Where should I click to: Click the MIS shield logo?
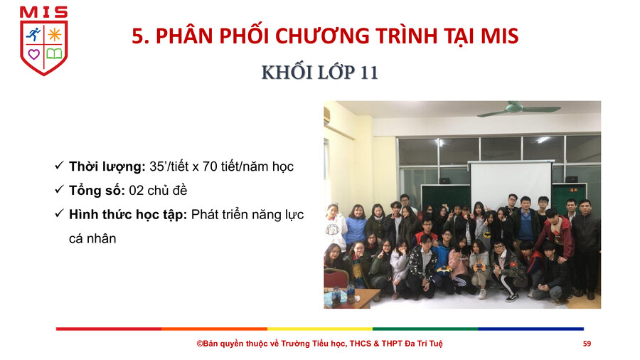[43, 41]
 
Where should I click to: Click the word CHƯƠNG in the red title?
[322, 36]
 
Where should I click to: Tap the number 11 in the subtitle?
[368, 73]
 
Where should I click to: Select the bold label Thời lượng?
[107, 166]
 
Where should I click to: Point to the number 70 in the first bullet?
[210, 166]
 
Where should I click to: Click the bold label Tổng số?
[97, 191]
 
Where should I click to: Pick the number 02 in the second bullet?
[137, 191]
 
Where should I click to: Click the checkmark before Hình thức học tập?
[60, 213]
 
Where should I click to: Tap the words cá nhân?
[92, 238]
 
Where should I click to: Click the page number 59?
[587, 344]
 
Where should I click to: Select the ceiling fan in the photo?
[519, 109]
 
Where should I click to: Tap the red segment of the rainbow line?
[109, 329]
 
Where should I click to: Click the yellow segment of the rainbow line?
[320, 329]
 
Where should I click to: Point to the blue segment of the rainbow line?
[531, 329]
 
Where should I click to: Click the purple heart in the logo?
[34, 54]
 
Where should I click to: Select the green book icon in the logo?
[54, 53]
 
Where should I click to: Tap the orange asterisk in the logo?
[54, 34]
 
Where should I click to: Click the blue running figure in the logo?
[34, 34]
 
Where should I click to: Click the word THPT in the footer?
[392, 344]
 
